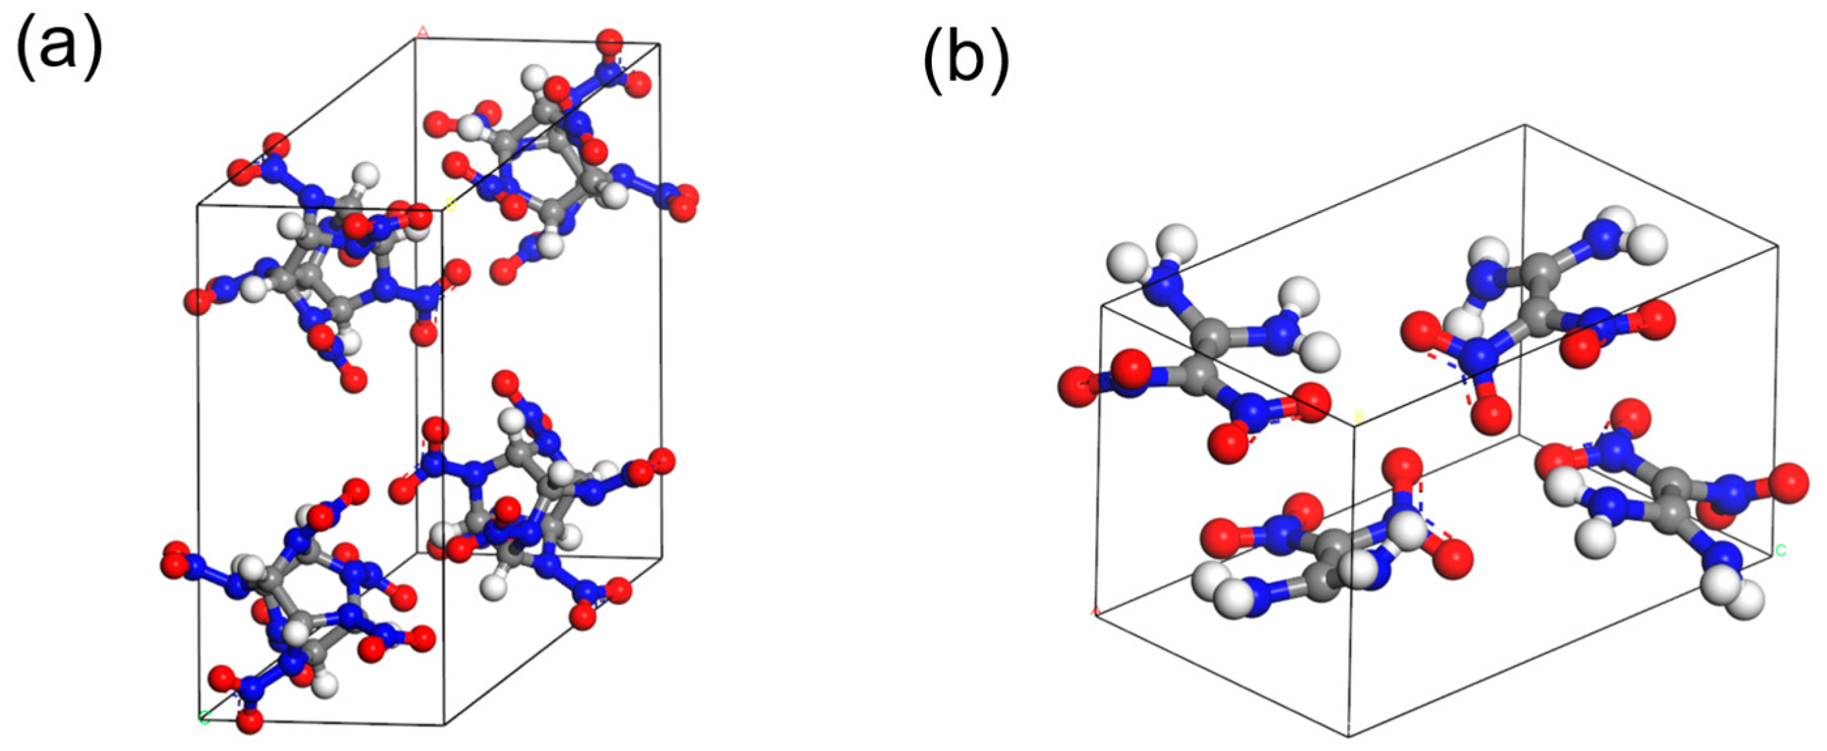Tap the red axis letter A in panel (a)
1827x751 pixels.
click(x=423, y=31)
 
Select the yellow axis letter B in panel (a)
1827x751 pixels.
click(x=451, y=205)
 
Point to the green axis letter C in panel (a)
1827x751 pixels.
click(x=204, y=718)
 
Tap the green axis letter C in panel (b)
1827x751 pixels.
click(x=1780, y=551)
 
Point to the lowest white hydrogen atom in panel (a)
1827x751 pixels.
click(x=325, y=685)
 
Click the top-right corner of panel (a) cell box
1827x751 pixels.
click(x=660, y=44)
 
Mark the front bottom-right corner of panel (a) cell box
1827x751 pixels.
click(x=445, y=725)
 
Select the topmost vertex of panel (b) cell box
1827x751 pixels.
click(x=1525, y=125)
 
